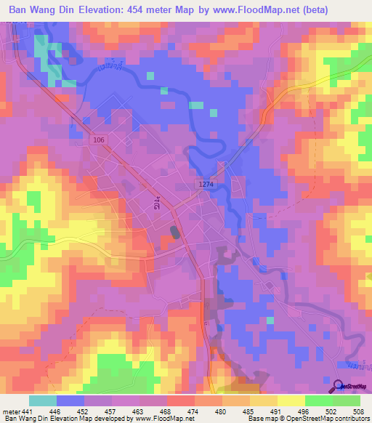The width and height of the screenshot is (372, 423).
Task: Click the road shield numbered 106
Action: click(99, 138)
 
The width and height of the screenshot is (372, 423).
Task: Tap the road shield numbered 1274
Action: click(206, 185)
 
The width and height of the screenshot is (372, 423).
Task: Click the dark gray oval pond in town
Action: click(174, 232)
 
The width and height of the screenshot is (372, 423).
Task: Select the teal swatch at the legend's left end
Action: click(42, 401)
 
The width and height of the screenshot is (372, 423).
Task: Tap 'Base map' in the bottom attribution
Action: click(261, 419)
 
